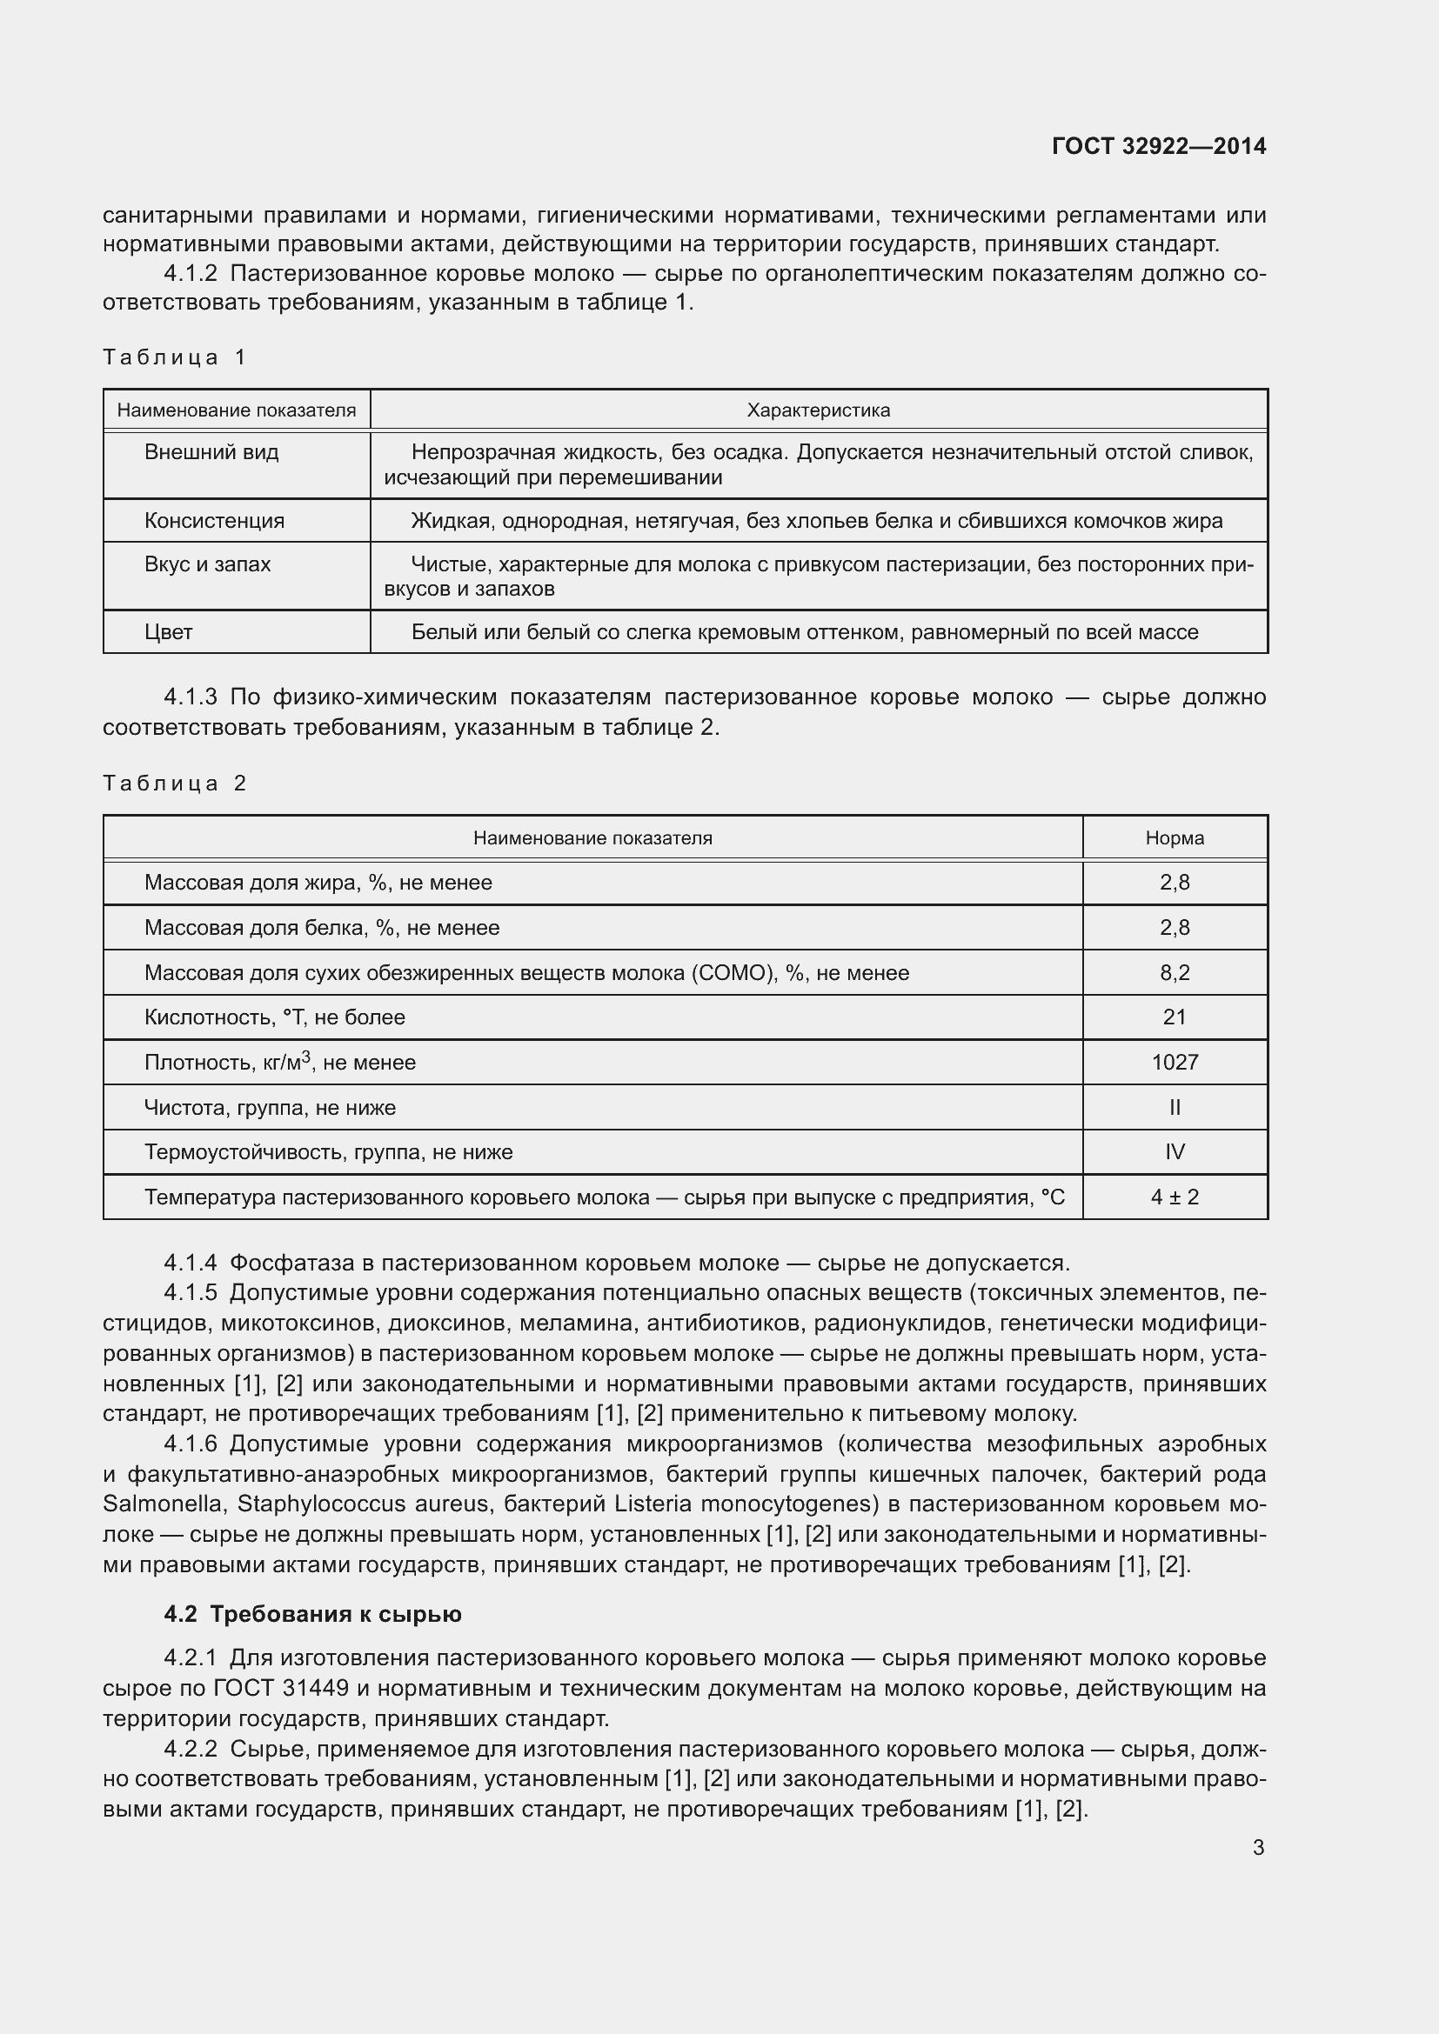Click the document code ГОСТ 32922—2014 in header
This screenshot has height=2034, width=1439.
click(1158, 146)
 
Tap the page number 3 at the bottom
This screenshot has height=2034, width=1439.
click(1258, 1847)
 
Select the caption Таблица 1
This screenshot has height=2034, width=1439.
click(175, 357)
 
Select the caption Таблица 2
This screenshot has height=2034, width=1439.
click(175, 784)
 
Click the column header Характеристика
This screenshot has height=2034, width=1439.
click(818, 410)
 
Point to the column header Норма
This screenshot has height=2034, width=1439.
click(1174, 838)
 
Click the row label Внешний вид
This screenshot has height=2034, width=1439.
click(211, 453)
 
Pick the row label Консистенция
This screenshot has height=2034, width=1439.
click(214, 521)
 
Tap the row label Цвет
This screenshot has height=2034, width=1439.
click(169, 632)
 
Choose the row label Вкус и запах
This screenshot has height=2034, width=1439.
click(207, 564)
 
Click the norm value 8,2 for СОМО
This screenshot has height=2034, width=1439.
click(1174, 973)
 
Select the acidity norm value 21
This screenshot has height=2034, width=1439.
click(1174, 1017)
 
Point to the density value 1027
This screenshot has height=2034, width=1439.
click(1174, 1062)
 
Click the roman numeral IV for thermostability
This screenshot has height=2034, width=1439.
click(1174, 1151)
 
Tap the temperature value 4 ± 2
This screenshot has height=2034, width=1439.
click(1174, 1197)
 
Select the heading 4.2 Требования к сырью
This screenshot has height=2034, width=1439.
click(312, 1614)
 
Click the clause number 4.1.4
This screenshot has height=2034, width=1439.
click(190, 1263)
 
